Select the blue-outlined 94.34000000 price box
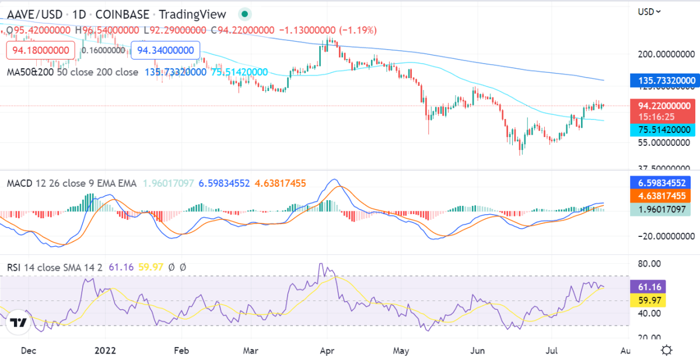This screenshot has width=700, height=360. (166, 50)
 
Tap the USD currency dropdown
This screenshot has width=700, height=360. (649, 11)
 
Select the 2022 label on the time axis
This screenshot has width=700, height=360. (105, 351)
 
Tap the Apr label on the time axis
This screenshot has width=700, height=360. (327, 351)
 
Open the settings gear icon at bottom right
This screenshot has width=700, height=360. (667, 350)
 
